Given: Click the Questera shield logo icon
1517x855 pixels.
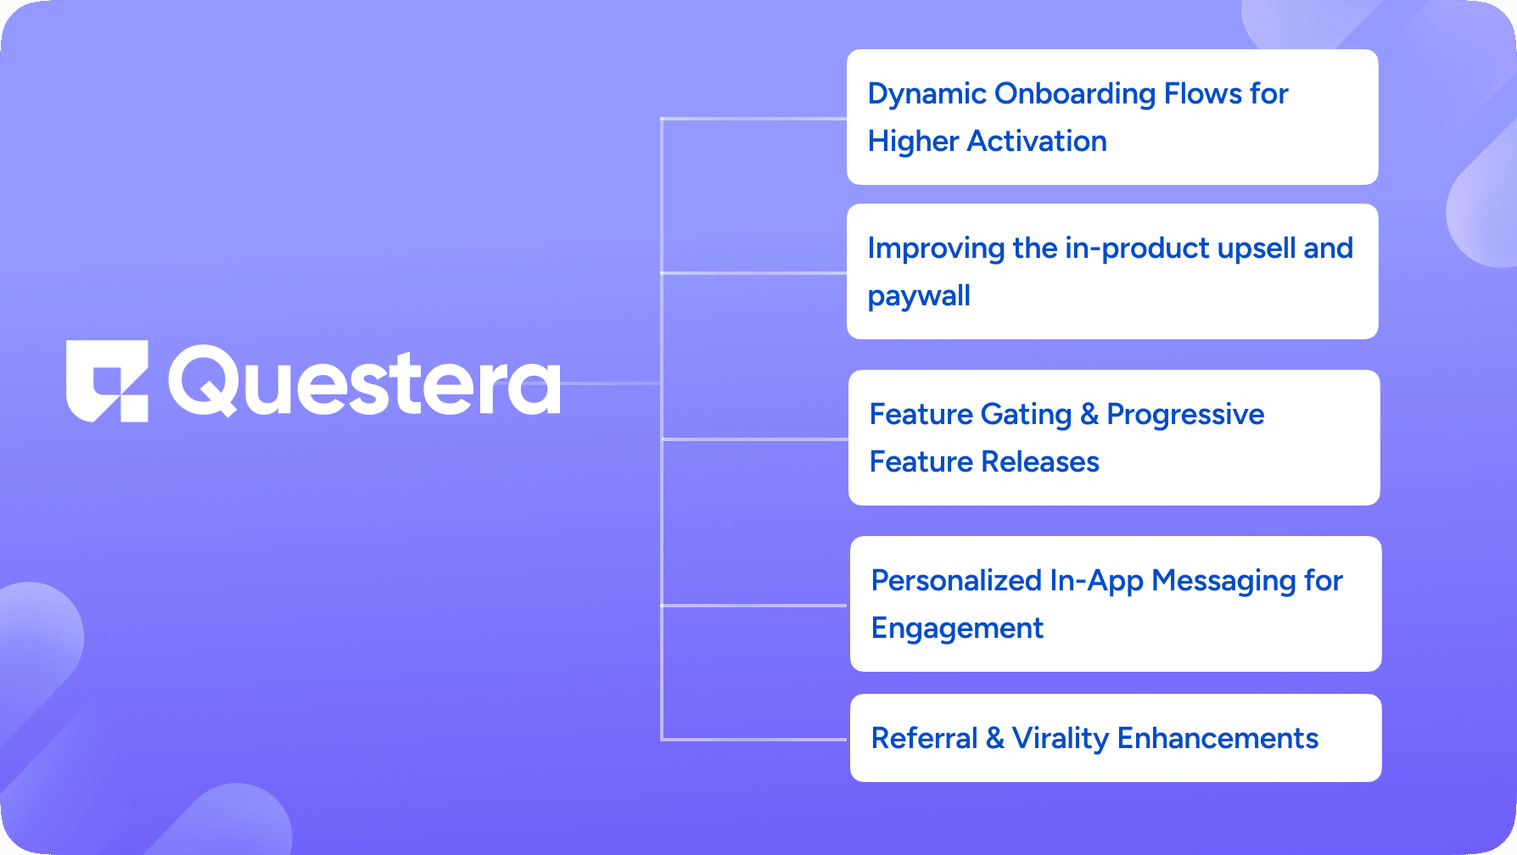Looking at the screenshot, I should pyautogui.click(x=107, y=381).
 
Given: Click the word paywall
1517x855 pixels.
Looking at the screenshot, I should pyautogui.click(x=919, y=296).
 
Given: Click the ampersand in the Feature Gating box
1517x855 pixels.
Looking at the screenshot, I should pyautogui.click(x=1089, y=415).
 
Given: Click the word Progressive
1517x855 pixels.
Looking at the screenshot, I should pyautogui.click(x=1185, y=415).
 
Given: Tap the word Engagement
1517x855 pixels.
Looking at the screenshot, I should pyautogui.click(x=957, y=629).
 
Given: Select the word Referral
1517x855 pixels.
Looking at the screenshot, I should pyautogui.click(x=924, y=739).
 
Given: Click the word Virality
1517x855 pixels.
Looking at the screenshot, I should pyautogui.click(x=1060, y=739).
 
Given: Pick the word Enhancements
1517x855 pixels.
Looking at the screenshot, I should pyautogui.click(x=1218, y=739).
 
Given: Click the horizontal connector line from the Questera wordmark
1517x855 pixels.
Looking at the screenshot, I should pyautogui.click(x=611, y=383).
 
